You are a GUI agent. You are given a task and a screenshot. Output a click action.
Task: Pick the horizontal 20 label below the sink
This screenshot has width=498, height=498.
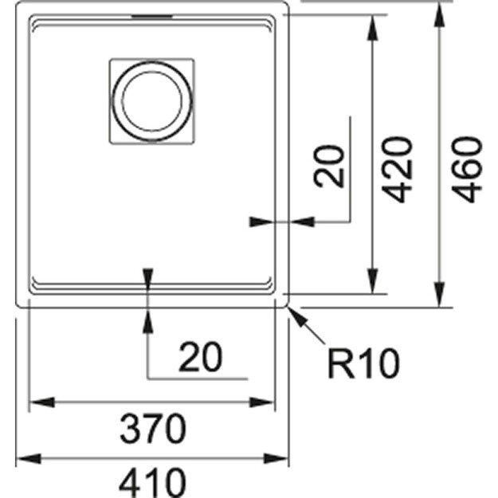pyautogui.click(x=200, y=358)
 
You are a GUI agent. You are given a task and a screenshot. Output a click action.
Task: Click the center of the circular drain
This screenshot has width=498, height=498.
pyautogui.click(x=150, y=100)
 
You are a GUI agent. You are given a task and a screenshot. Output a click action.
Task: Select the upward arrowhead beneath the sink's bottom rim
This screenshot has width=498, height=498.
pyautogui.click(x=148, y=316)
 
